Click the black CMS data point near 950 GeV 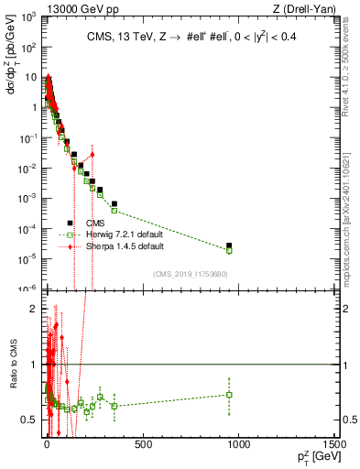click(229, 245)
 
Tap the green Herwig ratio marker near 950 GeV click(229, 395)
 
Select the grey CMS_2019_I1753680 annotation click(191, 274)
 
